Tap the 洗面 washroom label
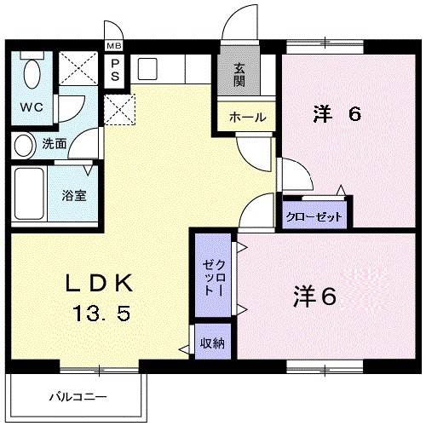tap(54, 143)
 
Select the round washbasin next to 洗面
tap(24, 143)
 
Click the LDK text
tap(99, 283)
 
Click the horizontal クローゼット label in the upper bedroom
tap(314, 216)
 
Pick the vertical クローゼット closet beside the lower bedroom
tap(212, 277)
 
